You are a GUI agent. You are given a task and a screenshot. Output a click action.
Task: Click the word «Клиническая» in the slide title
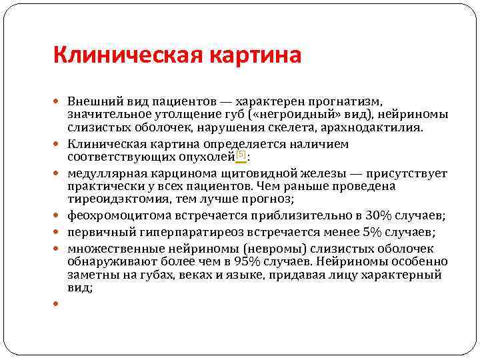coord(111,54)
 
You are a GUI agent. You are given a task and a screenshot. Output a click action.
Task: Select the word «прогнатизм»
coord(347,102)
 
